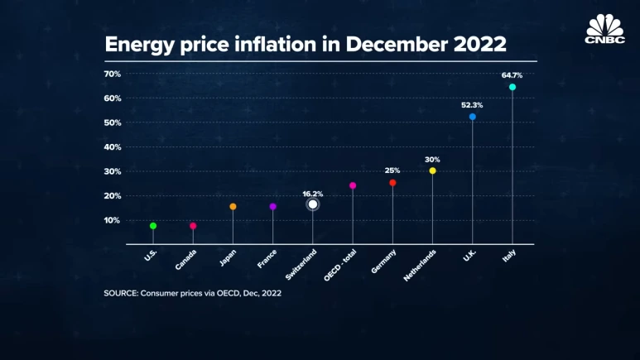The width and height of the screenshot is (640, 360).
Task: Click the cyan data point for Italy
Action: (512, 87)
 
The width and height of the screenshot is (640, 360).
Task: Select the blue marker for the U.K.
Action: (473, 117)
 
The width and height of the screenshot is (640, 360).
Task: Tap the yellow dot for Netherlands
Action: (432, 170)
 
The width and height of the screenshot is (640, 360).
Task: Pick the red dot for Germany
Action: (392, 183)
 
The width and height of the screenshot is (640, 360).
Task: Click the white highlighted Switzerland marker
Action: (313, 204)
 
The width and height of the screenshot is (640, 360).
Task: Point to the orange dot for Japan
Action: (233, 206)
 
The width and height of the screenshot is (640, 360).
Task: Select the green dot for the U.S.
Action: (153, 226)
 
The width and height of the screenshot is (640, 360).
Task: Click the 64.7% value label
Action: (512, 75)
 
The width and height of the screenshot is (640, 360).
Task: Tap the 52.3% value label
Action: (472, 105)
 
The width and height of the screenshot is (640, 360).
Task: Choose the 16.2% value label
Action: (312, 193)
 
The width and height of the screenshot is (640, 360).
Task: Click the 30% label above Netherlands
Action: (432, 160)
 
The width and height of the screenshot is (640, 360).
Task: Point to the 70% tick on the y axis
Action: (113, 74)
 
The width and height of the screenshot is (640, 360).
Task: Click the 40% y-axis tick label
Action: (113, 147)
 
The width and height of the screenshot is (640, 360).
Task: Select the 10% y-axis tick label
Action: (113, 220)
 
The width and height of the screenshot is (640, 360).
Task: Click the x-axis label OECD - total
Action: (339, 264)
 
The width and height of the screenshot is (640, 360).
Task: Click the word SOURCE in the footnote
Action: (123, 294)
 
